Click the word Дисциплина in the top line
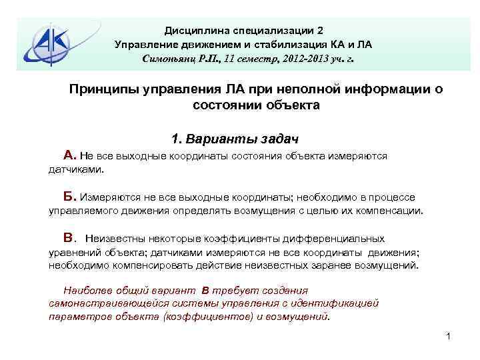pos(192,31)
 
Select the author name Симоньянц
pos(167,59)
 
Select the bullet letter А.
pos(70,155)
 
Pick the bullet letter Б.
pos(70,197)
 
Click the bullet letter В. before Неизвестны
pos(71,238)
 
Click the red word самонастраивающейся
pos(101,303)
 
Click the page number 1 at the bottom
pos(449,336)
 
